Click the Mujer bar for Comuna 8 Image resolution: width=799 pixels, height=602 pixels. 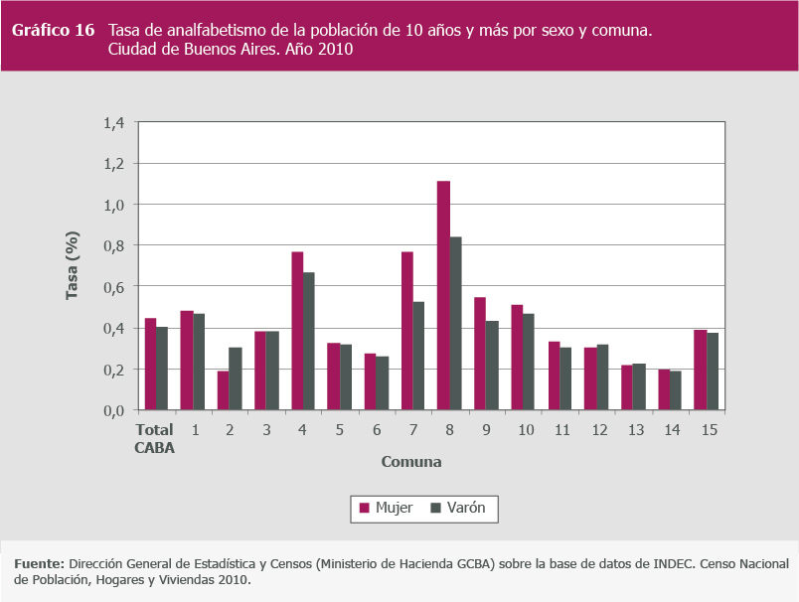tap(443, 295)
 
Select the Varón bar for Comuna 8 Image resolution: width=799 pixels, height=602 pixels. tap(455, 323)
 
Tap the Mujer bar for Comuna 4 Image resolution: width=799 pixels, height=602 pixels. tap(297, 331)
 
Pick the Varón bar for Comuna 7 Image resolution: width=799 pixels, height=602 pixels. tap(418, 356)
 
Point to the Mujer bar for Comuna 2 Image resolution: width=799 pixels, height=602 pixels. tap(224, 390)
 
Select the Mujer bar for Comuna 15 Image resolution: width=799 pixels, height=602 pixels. tap(700, 370)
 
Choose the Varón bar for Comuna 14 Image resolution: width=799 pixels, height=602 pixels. tap(675, 390)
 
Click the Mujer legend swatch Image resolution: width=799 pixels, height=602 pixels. tap(364, 509)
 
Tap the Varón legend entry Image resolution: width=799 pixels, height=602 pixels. tap(465, 509)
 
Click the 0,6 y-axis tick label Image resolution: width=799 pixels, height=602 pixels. tap(113, 286)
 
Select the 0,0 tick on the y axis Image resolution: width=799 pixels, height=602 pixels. tap(113, 409)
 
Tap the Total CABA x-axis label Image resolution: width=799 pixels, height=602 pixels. tap(154, 438)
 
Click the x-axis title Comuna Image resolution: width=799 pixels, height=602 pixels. tap(410, 462)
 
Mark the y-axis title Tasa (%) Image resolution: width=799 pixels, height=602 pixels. tap(73, 265)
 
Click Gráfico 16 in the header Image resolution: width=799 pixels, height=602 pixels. tap(53, 30)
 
